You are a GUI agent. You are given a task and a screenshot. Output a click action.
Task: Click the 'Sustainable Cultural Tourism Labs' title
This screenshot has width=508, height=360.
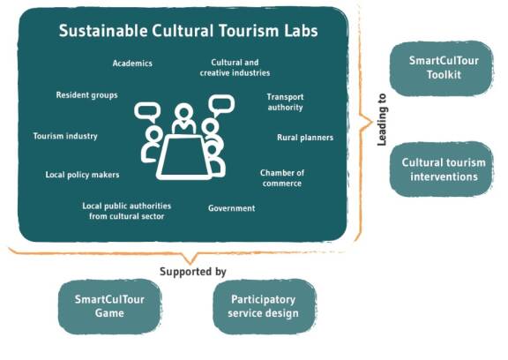click(188, 31)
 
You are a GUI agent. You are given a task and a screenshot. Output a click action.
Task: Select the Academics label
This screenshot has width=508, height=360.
click(132, 64)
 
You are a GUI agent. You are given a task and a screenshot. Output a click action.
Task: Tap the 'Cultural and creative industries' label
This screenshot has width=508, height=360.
click(235, 68)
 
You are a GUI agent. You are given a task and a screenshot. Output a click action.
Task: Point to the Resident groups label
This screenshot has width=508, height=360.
click(86, 95)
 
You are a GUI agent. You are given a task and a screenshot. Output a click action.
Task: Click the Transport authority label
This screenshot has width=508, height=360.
click(285, 102)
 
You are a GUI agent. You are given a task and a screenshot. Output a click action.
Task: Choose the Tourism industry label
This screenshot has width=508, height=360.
click(65, 136)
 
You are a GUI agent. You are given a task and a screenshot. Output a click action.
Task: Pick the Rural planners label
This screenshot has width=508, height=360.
click(305, 138)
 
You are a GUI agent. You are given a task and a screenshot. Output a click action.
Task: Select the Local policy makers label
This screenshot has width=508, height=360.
click(82, 175)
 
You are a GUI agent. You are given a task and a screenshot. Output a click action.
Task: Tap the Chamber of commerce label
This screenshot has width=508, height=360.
click(282, 178)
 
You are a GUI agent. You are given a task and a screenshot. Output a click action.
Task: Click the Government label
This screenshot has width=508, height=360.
click(232, 208)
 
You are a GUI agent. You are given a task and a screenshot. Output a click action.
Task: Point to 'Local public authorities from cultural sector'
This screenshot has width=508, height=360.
click(127, 211)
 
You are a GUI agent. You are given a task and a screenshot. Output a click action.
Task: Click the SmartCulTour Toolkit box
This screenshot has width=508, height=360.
click(442, 68)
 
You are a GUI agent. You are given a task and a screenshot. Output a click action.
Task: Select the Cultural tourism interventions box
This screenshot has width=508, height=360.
click(442, 169)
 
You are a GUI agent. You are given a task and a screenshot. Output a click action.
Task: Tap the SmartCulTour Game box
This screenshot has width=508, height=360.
click(109, 306)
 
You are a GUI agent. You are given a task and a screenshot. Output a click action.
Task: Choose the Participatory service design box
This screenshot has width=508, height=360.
click(264, 306)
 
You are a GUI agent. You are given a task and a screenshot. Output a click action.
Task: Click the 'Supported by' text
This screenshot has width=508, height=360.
click(193, 272)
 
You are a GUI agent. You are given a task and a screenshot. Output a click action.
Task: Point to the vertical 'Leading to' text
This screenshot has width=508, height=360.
click(382, 120)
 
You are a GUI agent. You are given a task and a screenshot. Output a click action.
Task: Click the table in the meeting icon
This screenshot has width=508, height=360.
click(184, 157)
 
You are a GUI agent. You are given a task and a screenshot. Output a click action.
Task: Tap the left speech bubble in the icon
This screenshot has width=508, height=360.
click(147, 112)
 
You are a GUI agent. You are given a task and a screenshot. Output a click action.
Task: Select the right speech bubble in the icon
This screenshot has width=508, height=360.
click(221, 105)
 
